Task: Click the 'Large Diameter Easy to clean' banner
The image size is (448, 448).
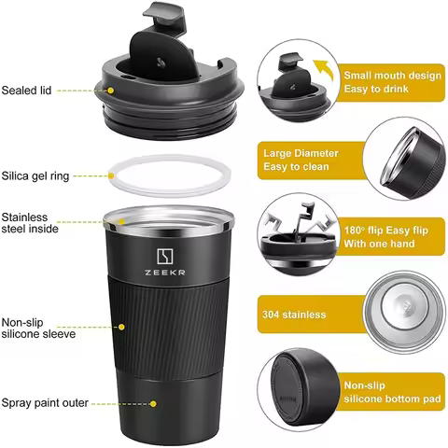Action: (x=301, y=160)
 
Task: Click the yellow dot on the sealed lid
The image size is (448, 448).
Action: (x=110, y=91)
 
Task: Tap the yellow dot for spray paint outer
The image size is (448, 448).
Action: (x=151, y=404)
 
